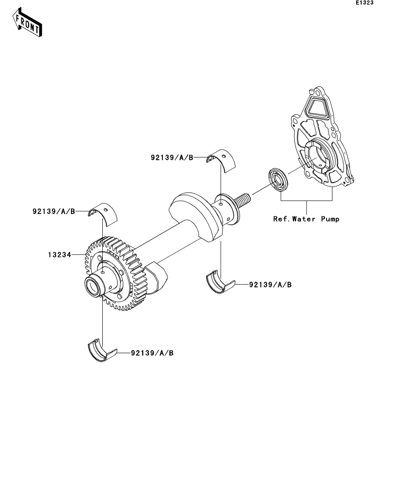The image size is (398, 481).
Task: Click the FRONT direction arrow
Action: pos(28,24)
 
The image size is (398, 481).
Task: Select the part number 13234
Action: pos(59,254)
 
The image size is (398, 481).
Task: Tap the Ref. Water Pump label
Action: pos(306,219)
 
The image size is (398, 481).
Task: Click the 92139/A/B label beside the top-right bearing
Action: pos(172,157)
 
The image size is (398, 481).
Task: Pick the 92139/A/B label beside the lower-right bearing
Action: pos(270,284)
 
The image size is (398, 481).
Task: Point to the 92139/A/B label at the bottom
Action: pos(152,352)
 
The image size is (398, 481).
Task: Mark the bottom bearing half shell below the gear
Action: pos(101,351)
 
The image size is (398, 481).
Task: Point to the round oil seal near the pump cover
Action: pos(277,179)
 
